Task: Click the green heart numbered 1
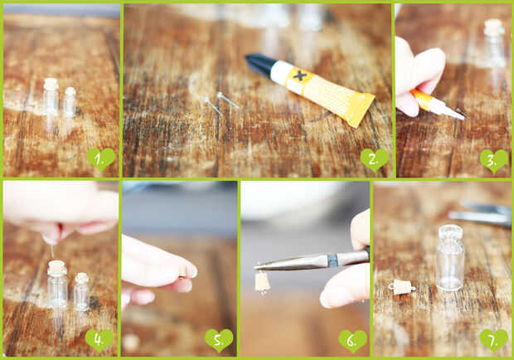point(101,158)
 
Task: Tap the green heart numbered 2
point(375,159)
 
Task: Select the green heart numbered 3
point(494,161)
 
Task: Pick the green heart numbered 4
point(99,340)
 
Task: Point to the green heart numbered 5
point(220,340)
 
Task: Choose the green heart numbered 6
point(352,341)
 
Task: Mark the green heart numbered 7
point(494,340)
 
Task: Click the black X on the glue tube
point(299,76)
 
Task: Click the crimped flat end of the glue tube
point(362,109)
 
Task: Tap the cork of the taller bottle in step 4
point(56,268)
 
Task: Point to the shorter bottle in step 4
point(81,292)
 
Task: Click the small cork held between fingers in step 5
point(182,271)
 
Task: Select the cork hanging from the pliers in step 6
point(263,282)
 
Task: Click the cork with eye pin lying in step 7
point(401,287)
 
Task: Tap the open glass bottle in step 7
point(450,257)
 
